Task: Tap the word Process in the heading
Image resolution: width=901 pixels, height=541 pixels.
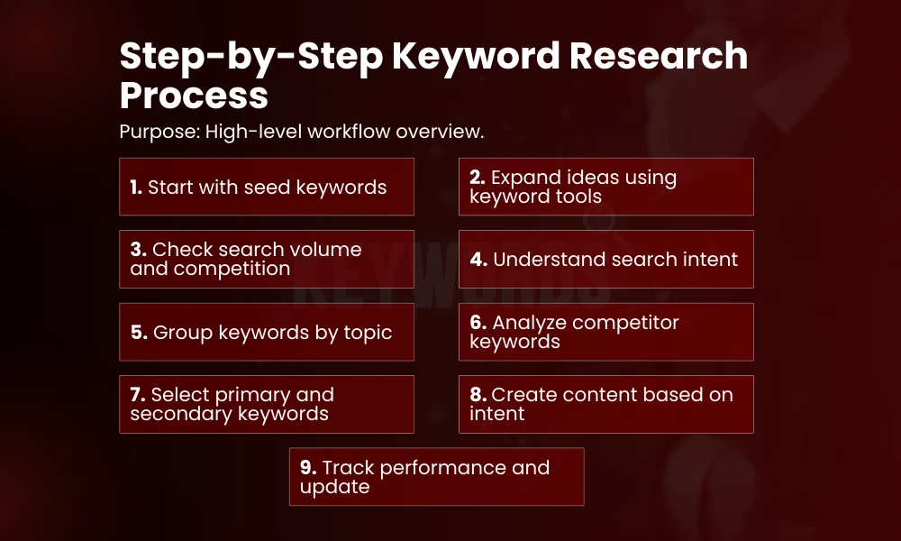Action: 194,95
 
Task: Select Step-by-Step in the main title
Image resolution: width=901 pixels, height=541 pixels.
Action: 234,56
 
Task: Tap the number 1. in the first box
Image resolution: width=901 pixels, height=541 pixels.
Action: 136,188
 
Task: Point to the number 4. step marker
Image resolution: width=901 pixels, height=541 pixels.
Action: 478,260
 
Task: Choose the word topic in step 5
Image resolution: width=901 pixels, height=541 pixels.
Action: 368,333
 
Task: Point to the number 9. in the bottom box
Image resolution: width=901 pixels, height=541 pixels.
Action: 308,468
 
